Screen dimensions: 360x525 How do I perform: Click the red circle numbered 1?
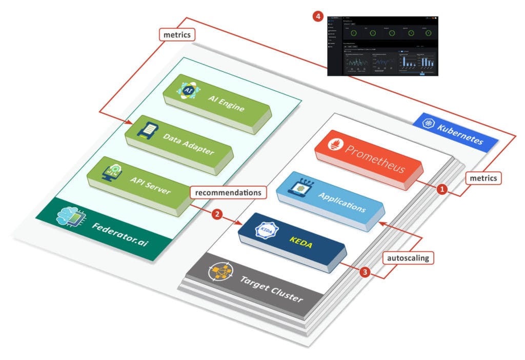click(x=441, y=189)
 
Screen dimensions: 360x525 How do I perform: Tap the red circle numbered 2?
click(x=218, y=214)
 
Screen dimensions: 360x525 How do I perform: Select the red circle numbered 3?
click(x=365, y=272)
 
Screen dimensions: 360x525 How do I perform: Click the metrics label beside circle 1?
click(x=483, y=178)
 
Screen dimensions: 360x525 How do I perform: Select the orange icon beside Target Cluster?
click(x=219, y=272)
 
